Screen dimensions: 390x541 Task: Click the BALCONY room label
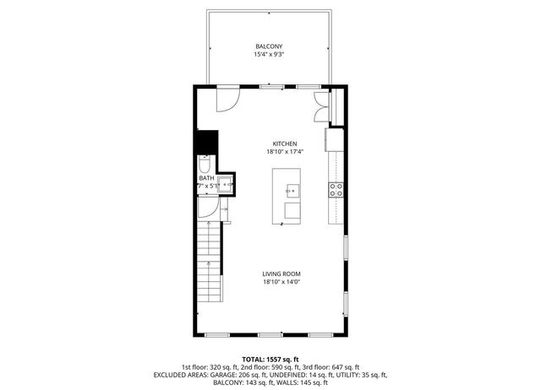[269, 46]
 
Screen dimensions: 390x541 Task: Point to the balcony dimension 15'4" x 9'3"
[269, 55]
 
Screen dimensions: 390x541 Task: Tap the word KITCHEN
[285, 144]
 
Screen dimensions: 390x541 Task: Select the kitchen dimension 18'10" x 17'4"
[285, 152]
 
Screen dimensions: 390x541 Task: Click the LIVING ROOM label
[281, 274]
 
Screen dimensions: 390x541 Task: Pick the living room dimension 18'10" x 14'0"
[281, 282]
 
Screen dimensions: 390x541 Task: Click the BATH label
[206, 178]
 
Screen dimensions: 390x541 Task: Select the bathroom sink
[226, 187]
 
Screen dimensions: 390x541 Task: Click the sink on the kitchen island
[293, 190]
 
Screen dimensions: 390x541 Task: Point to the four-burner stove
[336, 190]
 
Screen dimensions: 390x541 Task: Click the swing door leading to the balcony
[226, 100]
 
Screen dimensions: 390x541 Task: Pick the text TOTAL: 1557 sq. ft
[270, 358]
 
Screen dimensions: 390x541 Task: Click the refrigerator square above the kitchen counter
[336, 138]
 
